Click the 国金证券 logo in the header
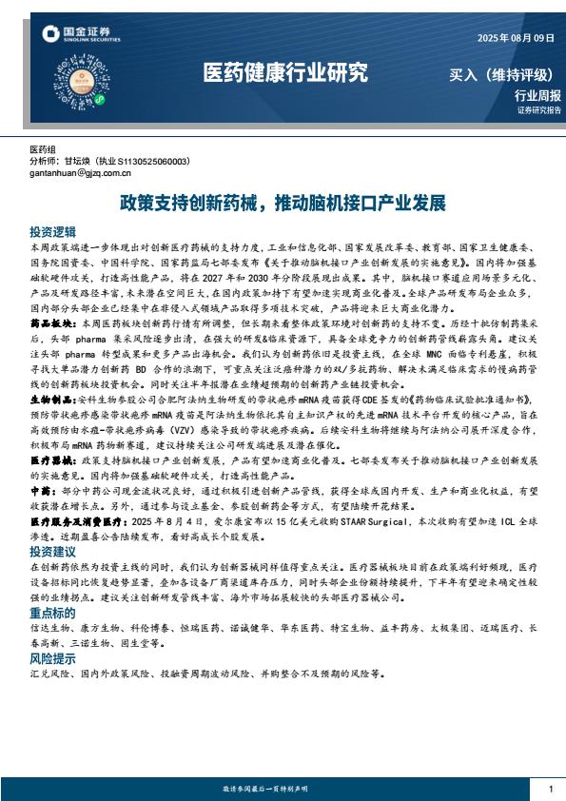(x=81, y=36)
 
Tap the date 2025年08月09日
(x=515, y=37)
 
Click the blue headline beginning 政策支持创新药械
(x=283, y=204)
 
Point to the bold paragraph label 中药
(x=41, y=488)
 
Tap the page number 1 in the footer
(x=551, y=790)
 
